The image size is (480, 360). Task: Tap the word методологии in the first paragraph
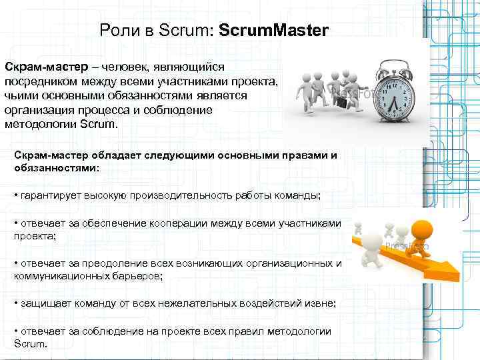(40, 123)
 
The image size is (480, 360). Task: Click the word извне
(319, 303)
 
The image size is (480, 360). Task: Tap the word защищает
(43, 303)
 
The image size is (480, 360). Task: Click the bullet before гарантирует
(15, 196)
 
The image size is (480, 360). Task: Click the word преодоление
(117, 263)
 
